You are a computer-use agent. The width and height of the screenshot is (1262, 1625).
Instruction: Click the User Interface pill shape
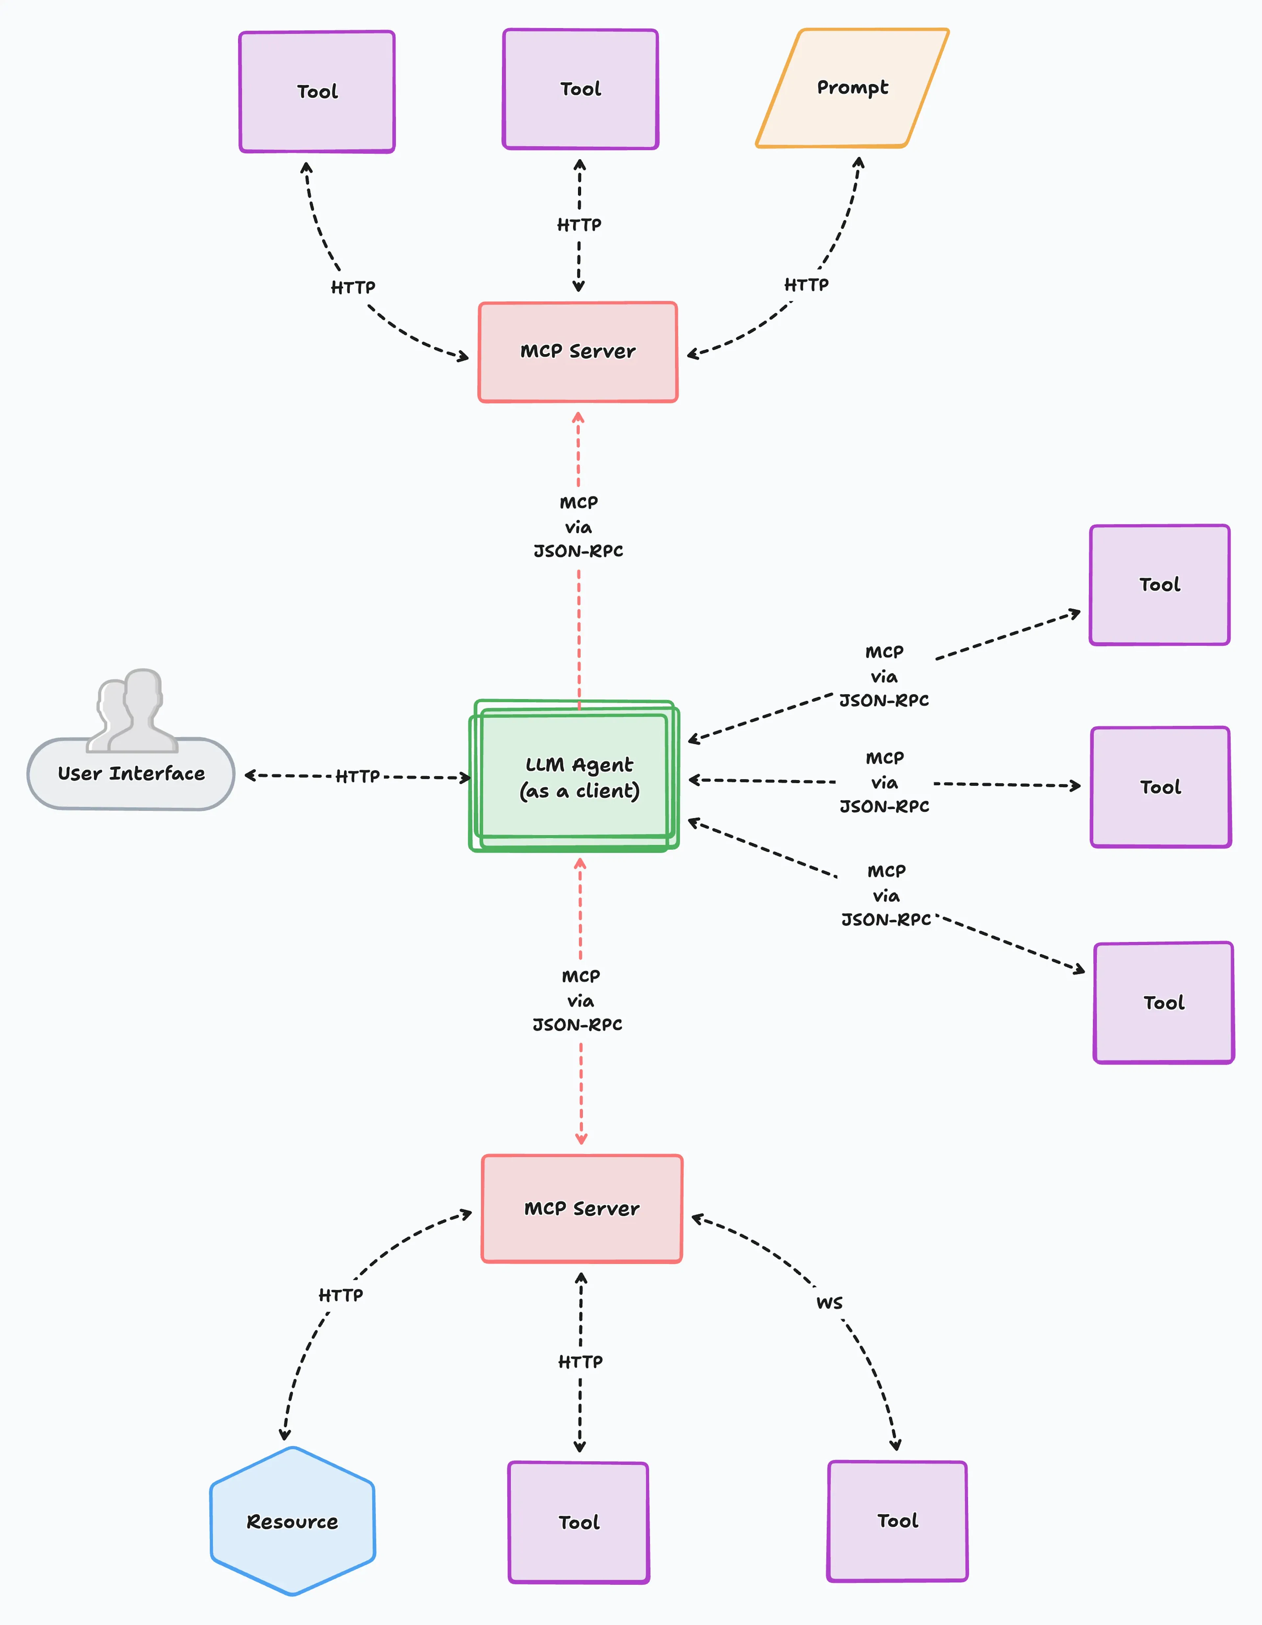131,774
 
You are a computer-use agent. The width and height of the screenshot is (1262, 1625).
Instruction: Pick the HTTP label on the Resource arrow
341,1295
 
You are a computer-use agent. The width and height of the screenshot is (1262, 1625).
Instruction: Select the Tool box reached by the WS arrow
898,1521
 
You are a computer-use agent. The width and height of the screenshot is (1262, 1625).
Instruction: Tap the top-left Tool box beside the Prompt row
317,91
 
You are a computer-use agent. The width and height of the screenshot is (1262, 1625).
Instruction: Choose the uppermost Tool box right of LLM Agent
1159,585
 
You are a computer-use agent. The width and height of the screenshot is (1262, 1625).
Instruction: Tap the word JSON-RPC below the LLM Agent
577,1025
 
